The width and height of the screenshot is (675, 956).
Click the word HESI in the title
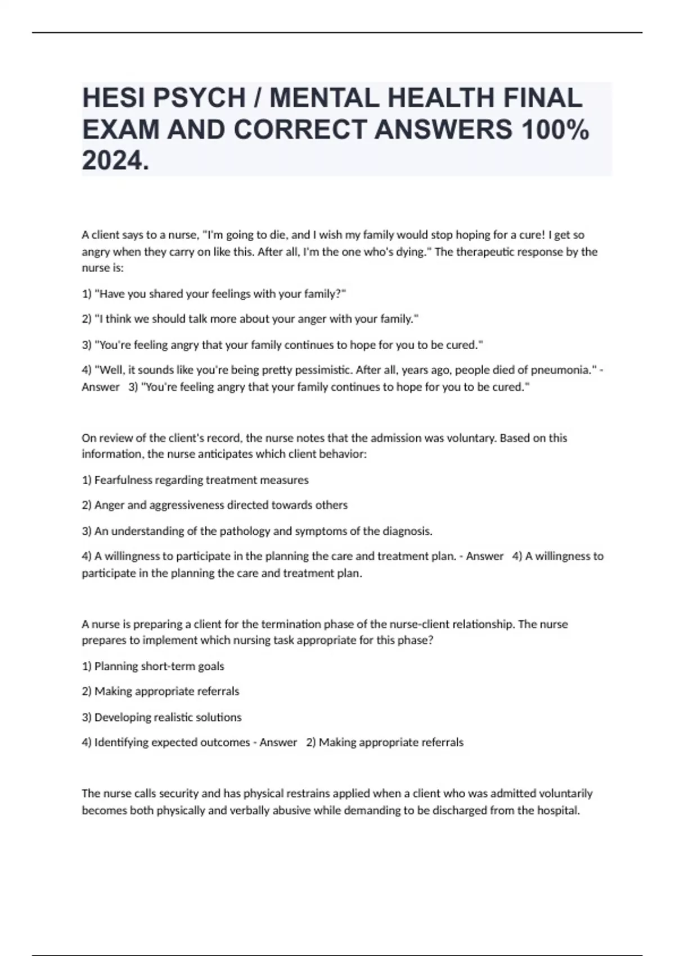tap(113, 98)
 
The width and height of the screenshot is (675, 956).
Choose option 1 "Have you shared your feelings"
tap(214, 294)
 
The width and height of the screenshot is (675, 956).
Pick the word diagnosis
tap(407, 531)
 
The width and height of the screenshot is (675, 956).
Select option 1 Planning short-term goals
tap(153, 666)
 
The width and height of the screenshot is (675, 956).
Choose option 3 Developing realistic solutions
tap(162, 717)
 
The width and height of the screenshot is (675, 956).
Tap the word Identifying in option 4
tap(123, 742)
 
